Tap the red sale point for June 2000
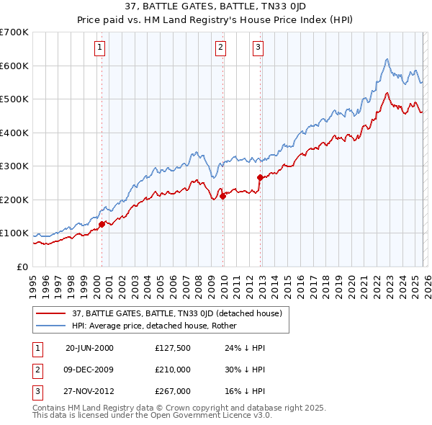(102, 224)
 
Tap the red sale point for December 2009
(222, 196)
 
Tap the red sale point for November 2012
(260, 177)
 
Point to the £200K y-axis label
(14, 200)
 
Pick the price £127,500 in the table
(173, 347)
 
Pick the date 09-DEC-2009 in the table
(89, 370)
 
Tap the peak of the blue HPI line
(387, 59)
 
